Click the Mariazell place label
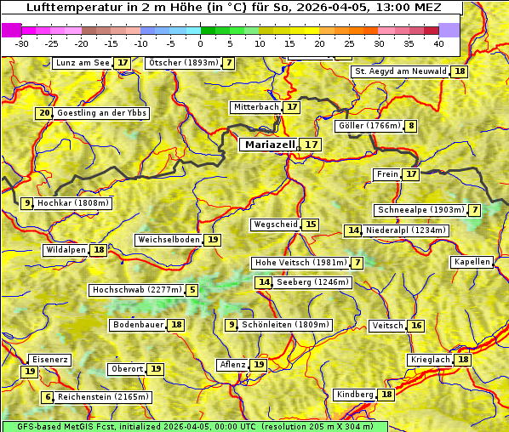[x=269, y=145]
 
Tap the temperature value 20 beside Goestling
[x=44, y=113]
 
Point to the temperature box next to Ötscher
[x=229, y=63]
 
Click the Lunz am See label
[x=83, y=63]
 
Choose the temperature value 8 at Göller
[x=411, y=126]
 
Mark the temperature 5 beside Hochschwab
[x=192, y=290]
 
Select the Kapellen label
[x=472, y=262]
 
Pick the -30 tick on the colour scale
[x=22, y=43]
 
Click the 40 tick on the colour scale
[x=438, y=43]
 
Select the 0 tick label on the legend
[x=200, y=43]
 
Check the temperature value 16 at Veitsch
[x=416, y=326]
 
